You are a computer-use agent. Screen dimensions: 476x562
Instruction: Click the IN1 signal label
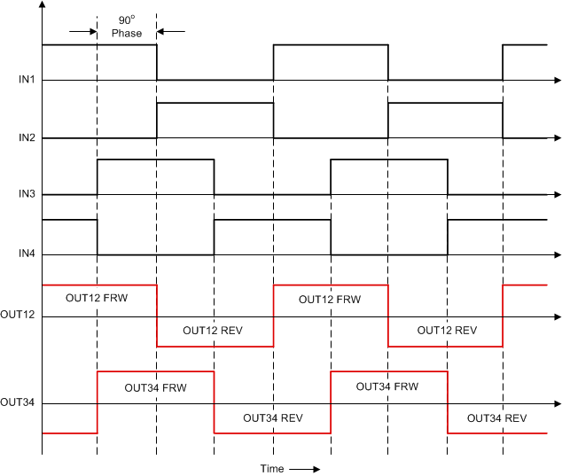pyautogui.click(x=27, y=81)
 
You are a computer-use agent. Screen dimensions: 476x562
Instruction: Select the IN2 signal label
pyautogui.click(x=27, y=138)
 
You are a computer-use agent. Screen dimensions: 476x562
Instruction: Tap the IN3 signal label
pyautogui.click(x=27, y=195)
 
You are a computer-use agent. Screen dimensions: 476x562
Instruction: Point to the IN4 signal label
pyautogui.click(x=27, y=254)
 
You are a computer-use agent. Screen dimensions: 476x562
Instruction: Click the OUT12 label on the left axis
pyautogui.click(x=18, y=315)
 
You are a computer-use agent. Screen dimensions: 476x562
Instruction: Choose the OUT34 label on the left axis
pyautogui.click(x=18, y=403)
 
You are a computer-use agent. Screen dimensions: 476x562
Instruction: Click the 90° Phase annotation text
pyautogui.click(x=127, y=27)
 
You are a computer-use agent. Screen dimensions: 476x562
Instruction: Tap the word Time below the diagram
pyautogui.click(x=272, y=468)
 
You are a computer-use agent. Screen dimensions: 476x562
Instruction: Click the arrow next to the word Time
pyautogui.click(x=303, y=468)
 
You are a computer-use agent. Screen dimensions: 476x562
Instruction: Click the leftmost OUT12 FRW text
pyautogui.click(x=97, y=299)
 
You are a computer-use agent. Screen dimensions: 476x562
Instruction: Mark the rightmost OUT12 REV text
pyautogui.click(x=447, y=330)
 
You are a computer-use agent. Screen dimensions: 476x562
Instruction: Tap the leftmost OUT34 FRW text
pyautogui.click(x=154, y=387)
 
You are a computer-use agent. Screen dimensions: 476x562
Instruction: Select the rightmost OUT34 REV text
pyautogui.click(x=496, y=418)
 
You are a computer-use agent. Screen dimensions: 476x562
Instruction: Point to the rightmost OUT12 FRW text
pyautogui.click(x=330, y=300)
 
